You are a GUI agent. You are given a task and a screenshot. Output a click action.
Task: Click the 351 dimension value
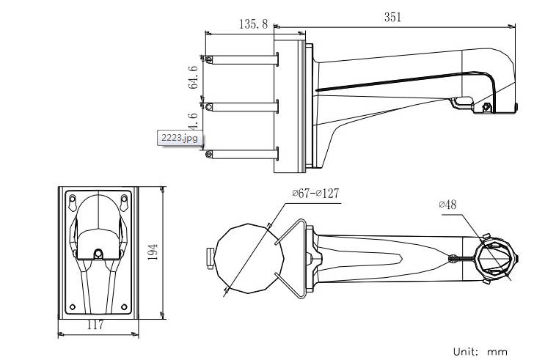point(393,18)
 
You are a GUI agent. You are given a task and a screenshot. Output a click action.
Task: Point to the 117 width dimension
point(95,326)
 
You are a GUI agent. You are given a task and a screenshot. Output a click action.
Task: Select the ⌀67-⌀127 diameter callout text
point(315,193)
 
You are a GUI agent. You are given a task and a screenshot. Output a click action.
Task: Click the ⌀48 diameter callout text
point(447,205)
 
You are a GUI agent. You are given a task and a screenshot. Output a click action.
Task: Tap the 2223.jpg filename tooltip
point(179,137)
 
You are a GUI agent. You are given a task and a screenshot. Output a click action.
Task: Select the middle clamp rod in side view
point(242,106)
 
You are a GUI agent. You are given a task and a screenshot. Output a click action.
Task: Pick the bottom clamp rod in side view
point(242,153)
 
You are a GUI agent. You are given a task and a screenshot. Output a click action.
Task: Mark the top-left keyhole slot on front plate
point(73,199)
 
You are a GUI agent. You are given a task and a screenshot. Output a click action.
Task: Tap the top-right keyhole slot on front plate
point(124,199)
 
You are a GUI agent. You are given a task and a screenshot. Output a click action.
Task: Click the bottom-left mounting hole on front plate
point(73,306)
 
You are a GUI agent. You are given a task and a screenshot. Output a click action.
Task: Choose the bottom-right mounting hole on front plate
point(124,306)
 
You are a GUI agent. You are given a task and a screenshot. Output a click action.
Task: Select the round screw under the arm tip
point(486,109)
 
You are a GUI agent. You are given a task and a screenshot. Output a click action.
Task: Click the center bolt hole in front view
point(98,253)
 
